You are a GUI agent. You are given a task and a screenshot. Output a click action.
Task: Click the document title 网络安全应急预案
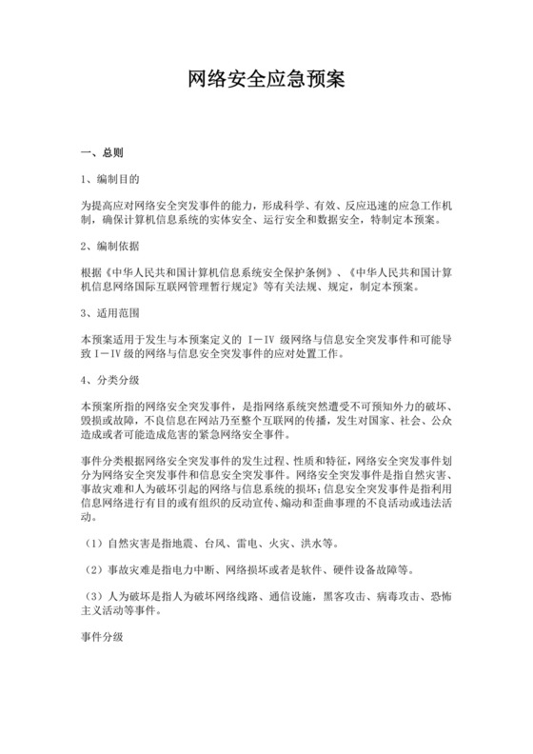click(266, 83)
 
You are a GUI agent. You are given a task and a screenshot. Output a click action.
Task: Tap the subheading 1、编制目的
click(112, 178)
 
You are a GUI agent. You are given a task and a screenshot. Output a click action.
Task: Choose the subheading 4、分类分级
click(112, 380)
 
